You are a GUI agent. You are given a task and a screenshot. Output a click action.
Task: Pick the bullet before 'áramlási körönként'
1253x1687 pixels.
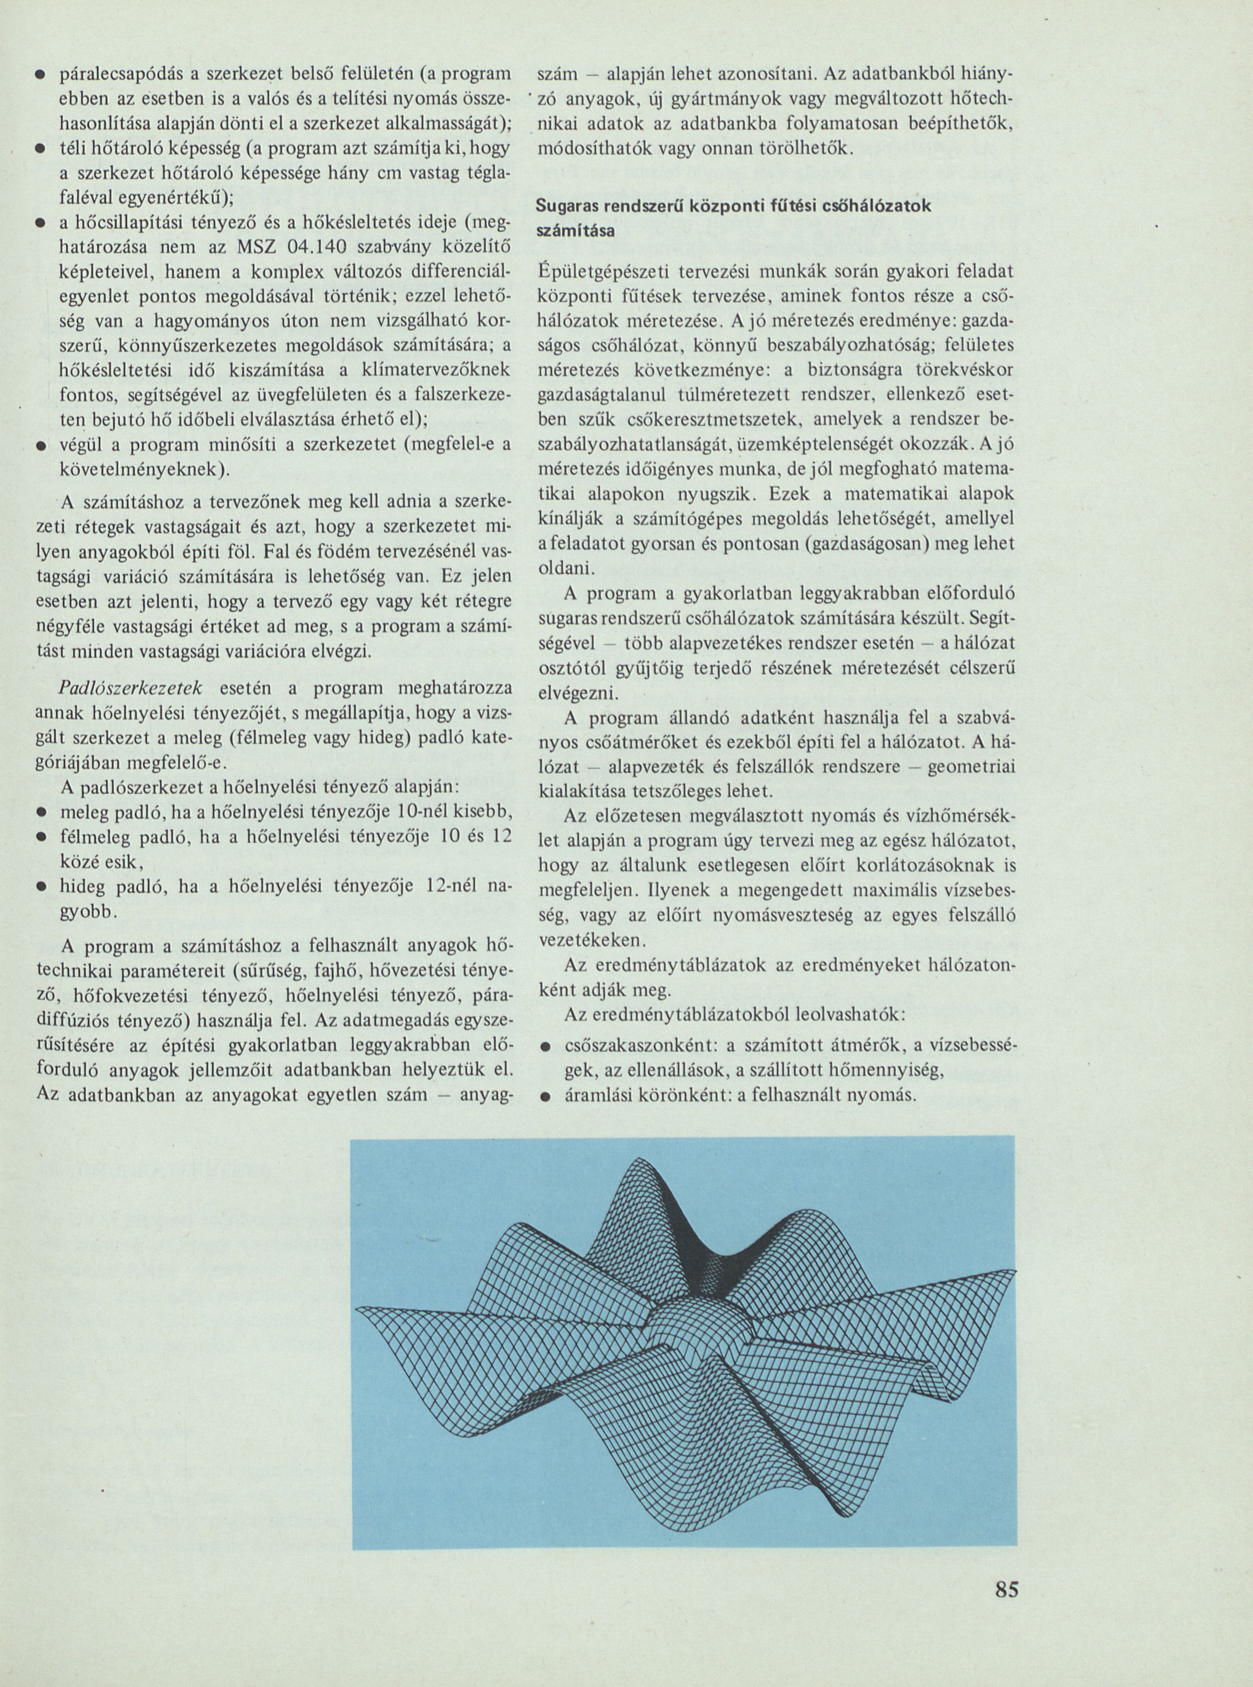click(x=544, y=1096)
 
